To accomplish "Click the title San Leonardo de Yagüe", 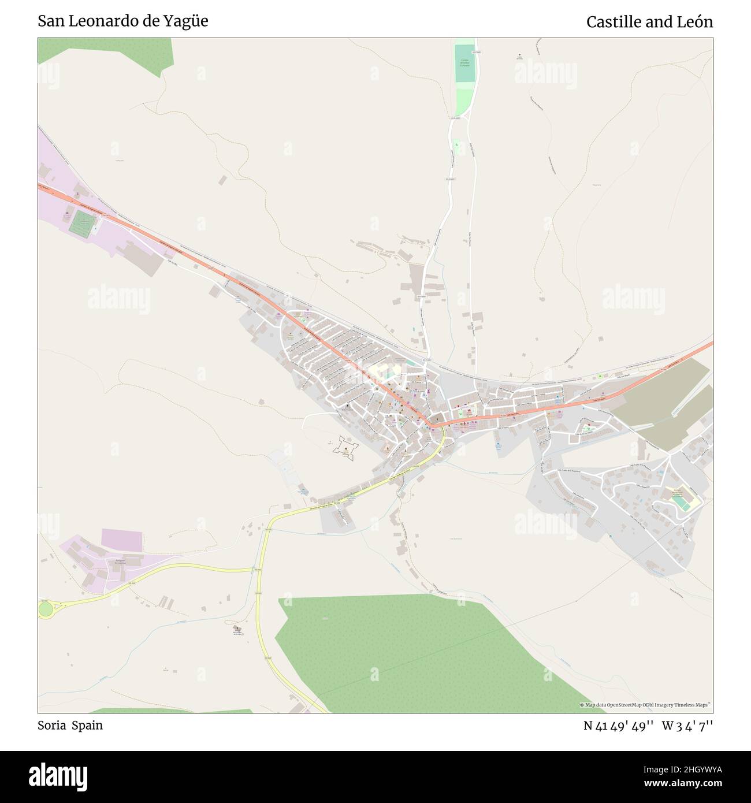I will pyautogui.click(x=123, y=21).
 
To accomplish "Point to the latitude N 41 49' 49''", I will pyautogui.click(x=618, y=726).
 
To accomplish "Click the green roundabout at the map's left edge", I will pyautogui.click(x=46, y=607).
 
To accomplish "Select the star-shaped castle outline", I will pyautogui.click(x=346, y=447).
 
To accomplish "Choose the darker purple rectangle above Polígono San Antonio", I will pyautogui.click(x=121, y=539).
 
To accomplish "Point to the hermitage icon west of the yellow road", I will pyautogui.click(x=237, y=628).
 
